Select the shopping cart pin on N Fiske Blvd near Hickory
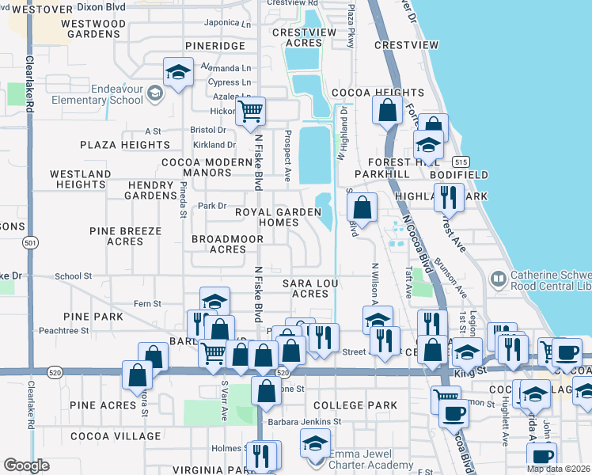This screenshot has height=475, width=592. (x=250, y=112)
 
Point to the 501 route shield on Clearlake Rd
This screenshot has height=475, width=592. (x=29, y=242)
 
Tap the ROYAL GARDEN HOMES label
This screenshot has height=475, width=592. (x=277, y=218)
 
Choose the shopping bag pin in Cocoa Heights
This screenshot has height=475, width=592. (x=387, y=110)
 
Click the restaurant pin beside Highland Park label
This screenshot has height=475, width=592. (x=449, y=196)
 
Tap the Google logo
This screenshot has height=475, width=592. (x=27, y=465)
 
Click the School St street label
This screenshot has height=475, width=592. (x=74, y=276)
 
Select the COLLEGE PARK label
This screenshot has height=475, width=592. (x=355, y=405)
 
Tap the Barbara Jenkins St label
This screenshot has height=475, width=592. (x=303, y=421)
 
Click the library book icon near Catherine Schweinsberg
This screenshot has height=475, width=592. (x=499, y=278)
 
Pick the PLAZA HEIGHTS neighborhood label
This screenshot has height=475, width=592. (x=124, y=146)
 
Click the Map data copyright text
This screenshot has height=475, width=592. (x=558, y=469)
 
